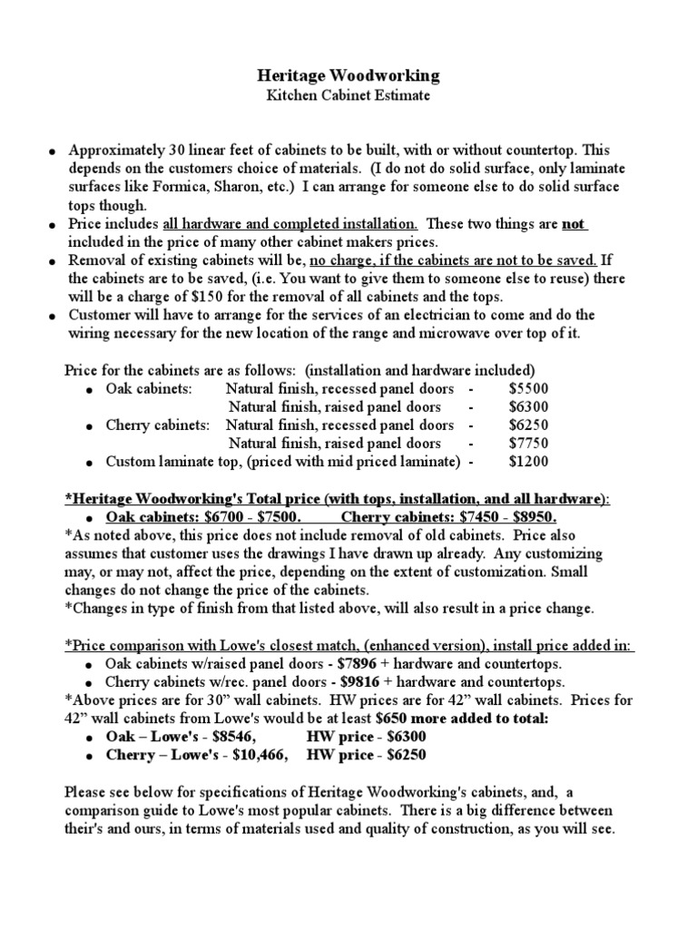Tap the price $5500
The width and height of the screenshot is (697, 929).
pos(528,387)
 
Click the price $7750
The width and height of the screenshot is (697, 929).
pos(528,443)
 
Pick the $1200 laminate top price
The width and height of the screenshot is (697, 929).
pos(528,462)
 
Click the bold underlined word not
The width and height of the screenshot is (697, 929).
pos(574,223)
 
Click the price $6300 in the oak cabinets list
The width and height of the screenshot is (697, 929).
pos(528,406)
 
